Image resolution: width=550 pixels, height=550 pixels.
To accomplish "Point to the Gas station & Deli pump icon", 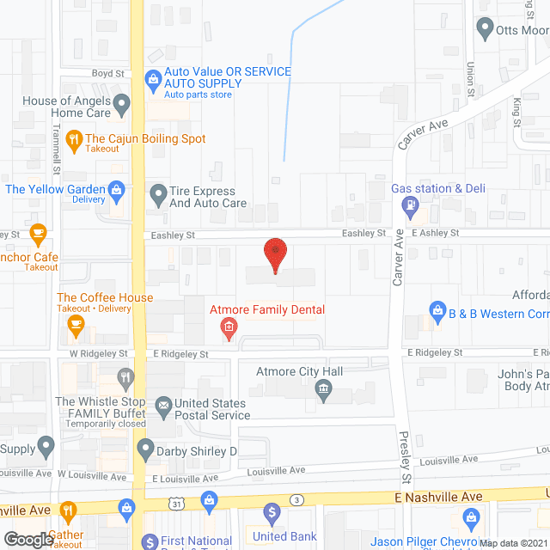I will point(411,205).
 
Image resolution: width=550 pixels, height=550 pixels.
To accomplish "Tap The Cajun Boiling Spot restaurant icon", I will point(74,138).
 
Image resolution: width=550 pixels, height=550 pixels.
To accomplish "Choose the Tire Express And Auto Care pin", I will point(158,194).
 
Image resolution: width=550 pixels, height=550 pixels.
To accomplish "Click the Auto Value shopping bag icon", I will point(153,79).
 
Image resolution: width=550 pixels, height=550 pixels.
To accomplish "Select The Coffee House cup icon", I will point(74,323).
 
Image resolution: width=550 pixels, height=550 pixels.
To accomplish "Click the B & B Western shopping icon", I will point(437,309).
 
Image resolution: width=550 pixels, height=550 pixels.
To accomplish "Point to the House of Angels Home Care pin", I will point(121,107).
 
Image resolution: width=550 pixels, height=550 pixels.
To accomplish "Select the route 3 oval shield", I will point(296,499).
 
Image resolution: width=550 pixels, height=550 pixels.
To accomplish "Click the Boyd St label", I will point(102,74).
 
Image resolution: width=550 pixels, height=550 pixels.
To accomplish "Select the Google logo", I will point(27,538).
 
